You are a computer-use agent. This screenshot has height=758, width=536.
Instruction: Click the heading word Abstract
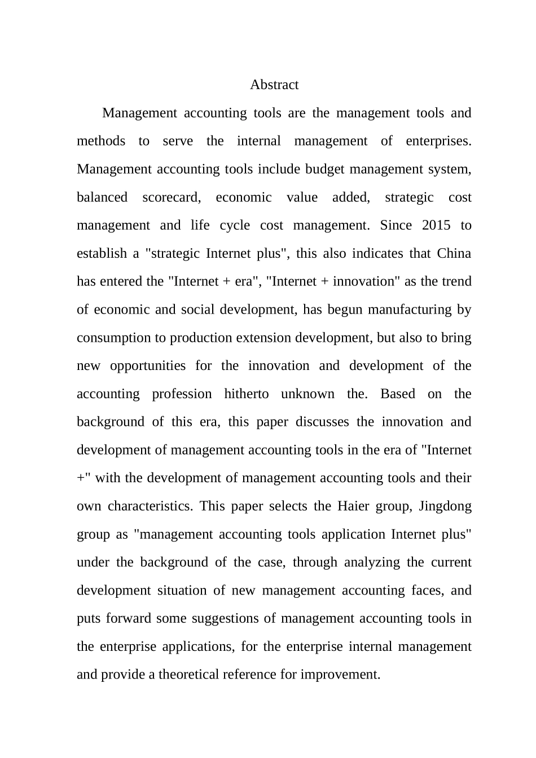(x=274, y=85)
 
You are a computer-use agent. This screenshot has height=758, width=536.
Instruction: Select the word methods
(x=101, y=141)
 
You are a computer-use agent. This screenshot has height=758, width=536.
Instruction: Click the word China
(x=454, y=253)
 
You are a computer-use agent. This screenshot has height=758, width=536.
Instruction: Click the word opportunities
(x=148, y=366)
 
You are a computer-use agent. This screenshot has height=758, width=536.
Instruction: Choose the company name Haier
(x=353, y=506)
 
